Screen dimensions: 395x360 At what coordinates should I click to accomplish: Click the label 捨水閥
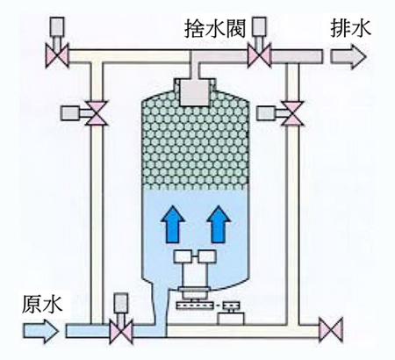pos(215,29)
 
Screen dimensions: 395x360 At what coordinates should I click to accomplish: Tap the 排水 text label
pos(350,28)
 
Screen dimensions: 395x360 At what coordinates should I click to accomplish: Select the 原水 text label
pos(42,305)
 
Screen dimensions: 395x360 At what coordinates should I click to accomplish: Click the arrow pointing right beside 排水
pos(348,57)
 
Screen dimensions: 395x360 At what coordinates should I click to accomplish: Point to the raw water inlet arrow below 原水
pos(40,331)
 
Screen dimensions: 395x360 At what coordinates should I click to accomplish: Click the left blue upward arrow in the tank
pos(173,224)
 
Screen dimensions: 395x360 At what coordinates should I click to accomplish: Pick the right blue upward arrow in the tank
pos(219,224)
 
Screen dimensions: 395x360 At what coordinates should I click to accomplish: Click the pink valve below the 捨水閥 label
pos(259,55)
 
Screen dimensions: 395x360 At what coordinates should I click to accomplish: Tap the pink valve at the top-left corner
pos(57,55)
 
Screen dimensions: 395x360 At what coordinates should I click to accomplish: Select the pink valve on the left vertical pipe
pos(97,113)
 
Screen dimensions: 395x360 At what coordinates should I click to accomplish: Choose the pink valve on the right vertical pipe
pos(292,113)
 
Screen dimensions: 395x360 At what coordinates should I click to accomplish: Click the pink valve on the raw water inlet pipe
pos(121,332)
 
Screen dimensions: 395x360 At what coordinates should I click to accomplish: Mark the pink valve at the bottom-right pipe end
pos(331,330)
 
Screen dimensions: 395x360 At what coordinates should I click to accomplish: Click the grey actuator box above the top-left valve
pos(57,27)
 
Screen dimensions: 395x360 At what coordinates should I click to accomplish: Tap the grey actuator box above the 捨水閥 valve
pos(259,27)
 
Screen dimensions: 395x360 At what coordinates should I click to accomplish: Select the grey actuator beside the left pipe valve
pos(70,113)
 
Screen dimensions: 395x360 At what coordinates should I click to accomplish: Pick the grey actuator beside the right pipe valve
pos(266,113)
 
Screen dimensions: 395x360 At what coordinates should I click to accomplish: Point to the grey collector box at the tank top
pos(194,93)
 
